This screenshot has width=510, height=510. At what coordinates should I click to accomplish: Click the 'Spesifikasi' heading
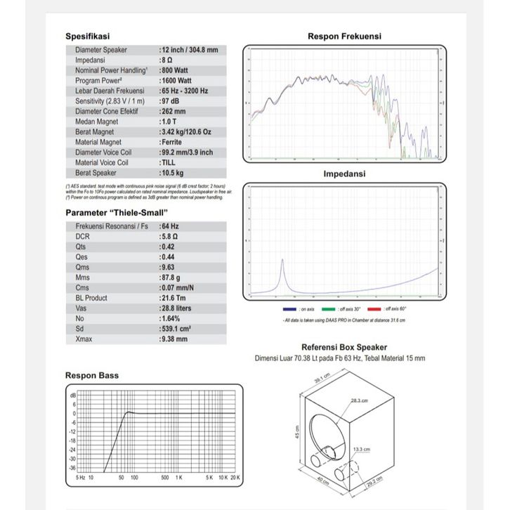[x=88, y=37]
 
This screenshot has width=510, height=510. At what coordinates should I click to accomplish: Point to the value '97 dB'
[x=172, y=101]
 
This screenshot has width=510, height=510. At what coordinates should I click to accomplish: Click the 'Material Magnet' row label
[x=102, y=142]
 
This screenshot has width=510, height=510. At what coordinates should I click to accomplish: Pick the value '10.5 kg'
[x=174, y=172]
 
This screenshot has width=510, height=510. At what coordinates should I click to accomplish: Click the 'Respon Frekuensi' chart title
[x=344, y=37]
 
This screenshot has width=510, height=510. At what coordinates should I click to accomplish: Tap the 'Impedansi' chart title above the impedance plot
[x=344, y=173]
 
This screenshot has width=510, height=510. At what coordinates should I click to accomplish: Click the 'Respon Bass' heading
[x=92, y=375]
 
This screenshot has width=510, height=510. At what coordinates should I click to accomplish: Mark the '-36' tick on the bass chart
[x=72, y=467]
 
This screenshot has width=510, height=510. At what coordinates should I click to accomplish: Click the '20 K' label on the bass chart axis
[x=235, y=478]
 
